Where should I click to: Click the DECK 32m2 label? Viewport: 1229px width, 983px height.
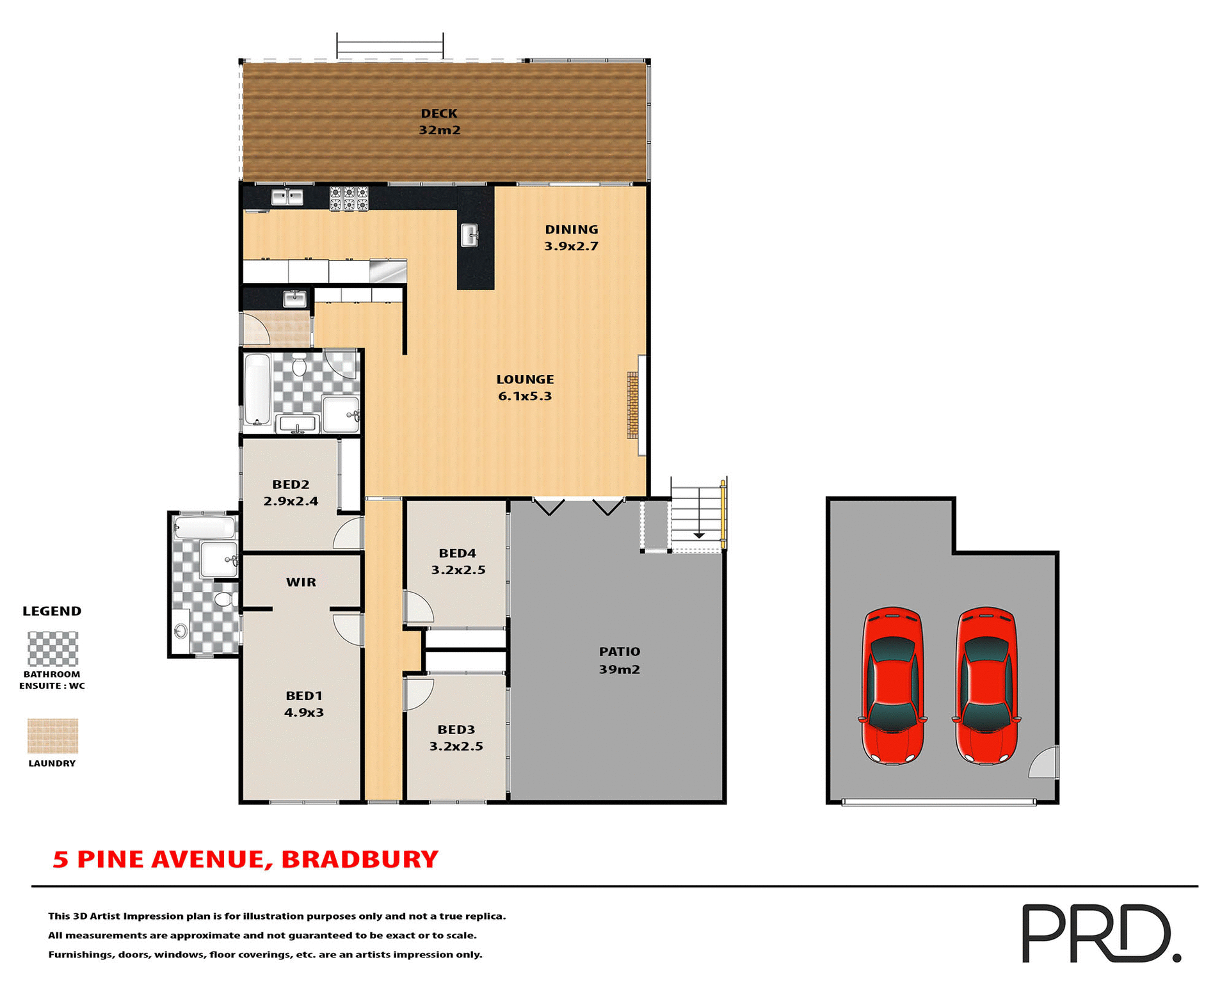(439, 122)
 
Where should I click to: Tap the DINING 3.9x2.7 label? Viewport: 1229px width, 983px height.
(571, 237)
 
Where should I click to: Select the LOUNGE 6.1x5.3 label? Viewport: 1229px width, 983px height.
(525, 387)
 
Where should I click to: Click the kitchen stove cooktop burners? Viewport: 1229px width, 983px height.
(349, 198)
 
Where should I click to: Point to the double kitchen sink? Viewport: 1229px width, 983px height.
(287, 197)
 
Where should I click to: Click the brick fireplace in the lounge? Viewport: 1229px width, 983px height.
(632, 404)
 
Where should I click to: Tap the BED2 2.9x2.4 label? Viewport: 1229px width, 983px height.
(291, 493)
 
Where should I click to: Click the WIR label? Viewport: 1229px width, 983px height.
(301, 582)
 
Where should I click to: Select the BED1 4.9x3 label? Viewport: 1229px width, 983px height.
(304, 703)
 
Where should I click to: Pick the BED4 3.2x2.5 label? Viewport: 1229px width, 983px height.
(458, 561)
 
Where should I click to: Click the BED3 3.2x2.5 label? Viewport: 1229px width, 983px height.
(456, 737)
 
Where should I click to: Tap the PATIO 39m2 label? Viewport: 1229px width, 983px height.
(619, 660)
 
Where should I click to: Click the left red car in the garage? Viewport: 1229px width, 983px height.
(892, 685)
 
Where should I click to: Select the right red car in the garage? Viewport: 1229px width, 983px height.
(986, 685)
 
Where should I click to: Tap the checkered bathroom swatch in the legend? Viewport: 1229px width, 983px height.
(52, 649)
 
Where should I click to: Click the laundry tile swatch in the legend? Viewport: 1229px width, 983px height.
(52, 735)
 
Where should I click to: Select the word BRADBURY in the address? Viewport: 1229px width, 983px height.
(360, 859)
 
